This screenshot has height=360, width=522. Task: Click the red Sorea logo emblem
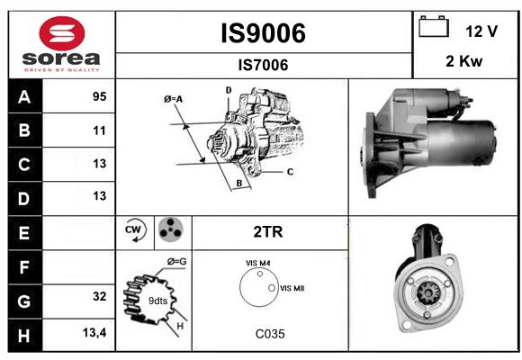(x=62, y=33)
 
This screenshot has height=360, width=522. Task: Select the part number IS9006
(x=264, y=33)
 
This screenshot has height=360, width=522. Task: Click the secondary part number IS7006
(x=264, y=65)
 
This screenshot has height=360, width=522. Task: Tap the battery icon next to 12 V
(x=434, y=26)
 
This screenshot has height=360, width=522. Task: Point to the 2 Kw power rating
(x=463, y=61)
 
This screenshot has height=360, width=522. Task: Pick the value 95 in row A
(x=100, y=96)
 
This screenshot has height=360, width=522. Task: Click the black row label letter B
(x=24, y=130)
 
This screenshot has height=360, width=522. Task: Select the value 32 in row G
(x=100, y=296)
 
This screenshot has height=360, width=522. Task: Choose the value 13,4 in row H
(x=94, y=332)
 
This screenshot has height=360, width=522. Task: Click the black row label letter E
(x=24, y=233)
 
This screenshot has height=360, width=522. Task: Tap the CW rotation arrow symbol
(x=135, y=229)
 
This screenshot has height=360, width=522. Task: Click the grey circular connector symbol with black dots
(x=170, y=229)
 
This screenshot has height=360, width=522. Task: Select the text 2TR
(x=268, y=232)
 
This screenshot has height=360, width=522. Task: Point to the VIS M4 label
(x=258, y=263)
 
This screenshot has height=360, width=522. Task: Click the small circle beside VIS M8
(x=272, y=288)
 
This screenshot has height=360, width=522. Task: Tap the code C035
(x=270, y=334)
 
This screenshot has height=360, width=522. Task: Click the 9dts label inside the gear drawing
(x=157, y=301)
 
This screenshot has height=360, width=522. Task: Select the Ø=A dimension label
(x=174, y=99)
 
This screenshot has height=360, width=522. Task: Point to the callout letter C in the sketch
(x=290, y=172)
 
